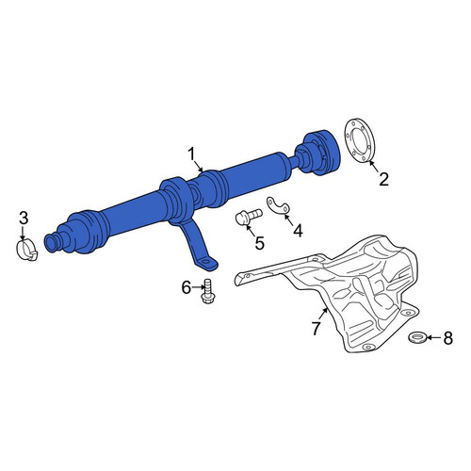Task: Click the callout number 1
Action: [x=191, y=155]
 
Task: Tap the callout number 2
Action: [x=383, y=179]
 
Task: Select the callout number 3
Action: [x=24, y=219]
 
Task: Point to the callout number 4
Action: [x=298, y=231]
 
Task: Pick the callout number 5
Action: [x=259, y=243]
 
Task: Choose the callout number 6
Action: [x=187, y=287]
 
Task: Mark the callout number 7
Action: [x=316, y=328]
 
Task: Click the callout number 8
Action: [x=447, y=338]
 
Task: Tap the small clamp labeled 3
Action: [x=26, y=251]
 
